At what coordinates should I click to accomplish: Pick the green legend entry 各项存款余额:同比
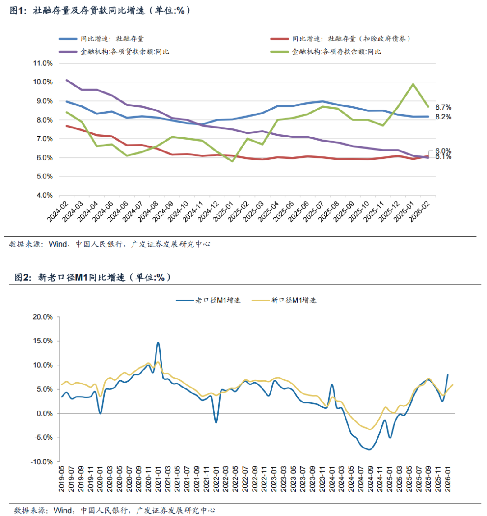(336, 51)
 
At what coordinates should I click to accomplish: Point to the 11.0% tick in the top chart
(43, 63)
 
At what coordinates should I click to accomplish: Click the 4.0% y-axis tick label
(44, 196)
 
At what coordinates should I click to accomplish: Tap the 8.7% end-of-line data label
(443, 107)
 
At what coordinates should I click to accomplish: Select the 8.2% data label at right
(443, 117)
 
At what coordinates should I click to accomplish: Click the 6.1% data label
(443, 157)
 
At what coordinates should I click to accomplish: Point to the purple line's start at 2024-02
(67, 80)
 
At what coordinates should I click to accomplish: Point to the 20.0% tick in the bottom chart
(43, 317)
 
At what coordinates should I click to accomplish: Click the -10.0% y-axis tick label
(42, 462)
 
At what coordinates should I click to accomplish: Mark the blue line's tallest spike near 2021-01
(158, 342)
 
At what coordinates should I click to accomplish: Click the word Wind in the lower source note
(63, 511)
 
